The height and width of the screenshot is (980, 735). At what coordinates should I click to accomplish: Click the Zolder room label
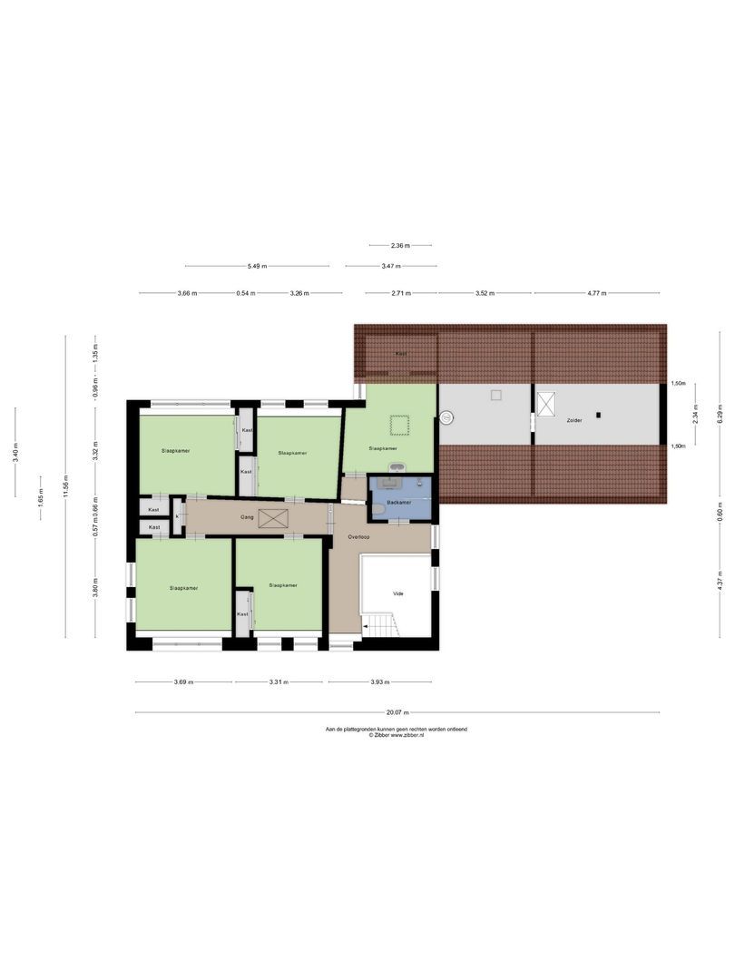pos(572,422)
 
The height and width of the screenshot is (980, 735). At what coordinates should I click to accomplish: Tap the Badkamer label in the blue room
pos(399,501)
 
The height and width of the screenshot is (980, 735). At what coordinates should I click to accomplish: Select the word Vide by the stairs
pos(397,593)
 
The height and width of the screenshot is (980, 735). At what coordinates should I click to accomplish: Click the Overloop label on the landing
pos(358,536)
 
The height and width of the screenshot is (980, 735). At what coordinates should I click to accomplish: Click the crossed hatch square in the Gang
pos(273,517)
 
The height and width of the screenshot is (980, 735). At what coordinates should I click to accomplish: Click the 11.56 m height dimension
pos(65,486)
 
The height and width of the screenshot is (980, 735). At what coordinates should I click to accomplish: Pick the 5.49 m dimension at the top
pos(258,266)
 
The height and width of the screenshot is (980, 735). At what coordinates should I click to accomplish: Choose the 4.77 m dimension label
pos(597,293)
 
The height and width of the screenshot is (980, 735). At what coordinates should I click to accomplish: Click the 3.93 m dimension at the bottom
pos(379,681)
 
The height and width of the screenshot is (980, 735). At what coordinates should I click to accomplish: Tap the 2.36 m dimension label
pos(400,245)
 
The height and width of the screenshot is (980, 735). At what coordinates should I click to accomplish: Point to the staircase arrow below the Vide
pos(367,626)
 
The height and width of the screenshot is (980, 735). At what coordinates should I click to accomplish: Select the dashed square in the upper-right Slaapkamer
pos(398,424)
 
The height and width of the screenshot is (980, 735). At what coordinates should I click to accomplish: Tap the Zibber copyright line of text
pos(397,734)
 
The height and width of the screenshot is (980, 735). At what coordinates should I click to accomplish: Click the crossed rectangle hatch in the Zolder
pos(545,404)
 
